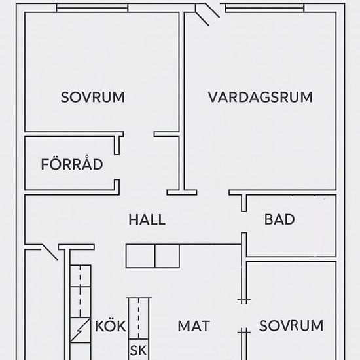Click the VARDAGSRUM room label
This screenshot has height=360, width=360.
point(260,97)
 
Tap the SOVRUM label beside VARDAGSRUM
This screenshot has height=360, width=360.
point(93,97)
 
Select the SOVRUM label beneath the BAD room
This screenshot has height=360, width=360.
point(291,325)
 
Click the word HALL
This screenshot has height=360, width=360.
point(147,219)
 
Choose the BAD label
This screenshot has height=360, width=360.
point(279,219)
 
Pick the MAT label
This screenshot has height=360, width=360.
point(194,326)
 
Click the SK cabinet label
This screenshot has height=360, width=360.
point(139,350)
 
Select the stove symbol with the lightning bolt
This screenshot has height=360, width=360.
point(81,330)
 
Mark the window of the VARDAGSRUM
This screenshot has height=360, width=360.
point(264,8)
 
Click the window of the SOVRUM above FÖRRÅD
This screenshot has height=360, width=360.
point(92,8)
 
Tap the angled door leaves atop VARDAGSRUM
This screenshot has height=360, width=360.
point(207,14)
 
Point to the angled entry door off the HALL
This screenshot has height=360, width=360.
point(49,252)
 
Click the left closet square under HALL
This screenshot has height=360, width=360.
point(141,256)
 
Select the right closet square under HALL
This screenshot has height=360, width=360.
point(167,256)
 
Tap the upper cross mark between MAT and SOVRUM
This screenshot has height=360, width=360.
point(244,300)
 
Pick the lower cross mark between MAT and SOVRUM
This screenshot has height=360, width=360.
point(244,332)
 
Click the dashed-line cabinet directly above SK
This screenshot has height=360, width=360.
point(139,318)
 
